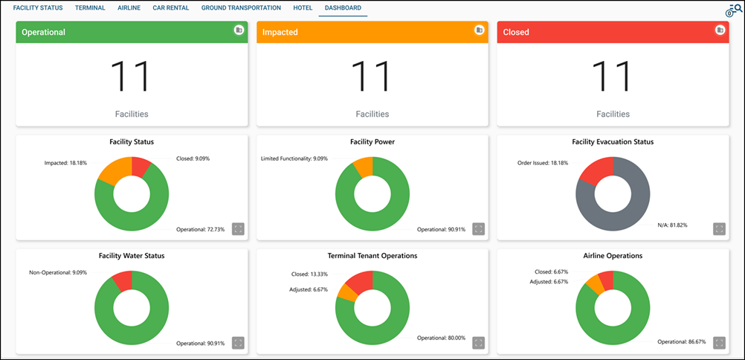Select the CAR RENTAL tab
tap(171, 8)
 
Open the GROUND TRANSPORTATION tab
tap(241, 8)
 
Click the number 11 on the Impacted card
tap(372, 75)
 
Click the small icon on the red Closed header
tap(720, 30)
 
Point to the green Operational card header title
tap(44, 33)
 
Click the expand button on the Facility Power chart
tap(479, 229)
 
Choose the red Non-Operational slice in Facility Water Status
tap(123, 280)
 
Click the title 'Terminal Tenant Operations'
tap(372, 256)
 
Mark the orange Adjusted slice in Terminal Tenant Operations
tap(346, 292)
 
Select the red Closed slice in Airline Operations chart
tap(606, 280)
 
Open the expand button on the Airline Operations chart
tap(719, 343)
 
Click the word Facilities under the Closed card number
tap(613, 114)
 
